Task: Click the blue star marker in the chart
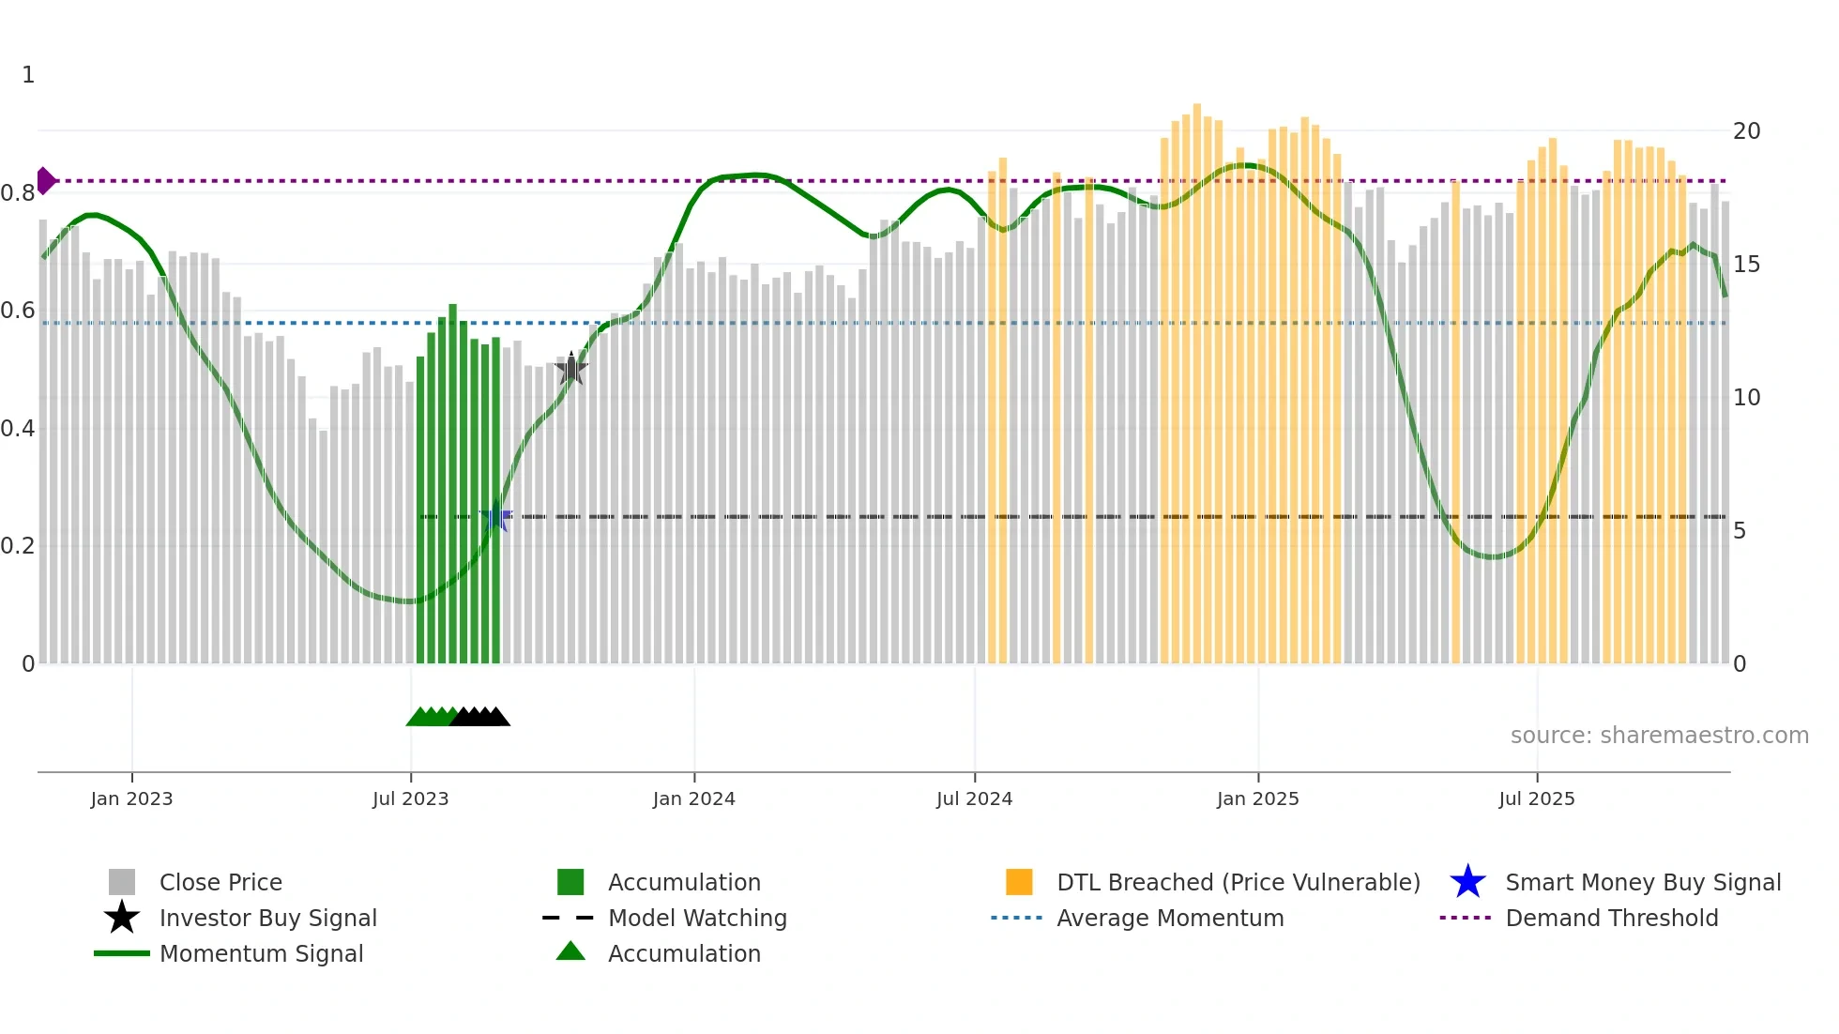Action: (x=496, y=516)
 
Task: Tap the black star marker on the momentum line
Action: (x=570, y=369)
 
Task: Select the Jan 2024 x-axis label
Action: (x=693, y=798)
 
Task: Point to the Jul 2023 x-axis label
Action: (x=410, y=798)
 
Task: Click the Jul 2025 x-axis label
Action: (x=1536, y=798)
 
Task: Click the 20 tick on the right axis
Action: (x=1746, y=131)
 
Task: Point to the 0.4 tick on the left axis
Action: (x=18, y=429)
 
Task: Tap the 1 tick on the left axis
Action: (x=28, y=75)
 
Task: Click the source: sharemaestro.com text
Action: (x=1659, y=735)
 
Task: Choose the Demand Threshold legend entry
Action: (x=1611, y=918)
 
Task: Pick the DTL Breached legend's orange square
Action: (x=1018, y=882)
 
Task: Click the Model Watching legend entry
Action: (x=696, y=918)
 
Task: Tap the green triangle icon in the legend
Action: (x=570, y=951)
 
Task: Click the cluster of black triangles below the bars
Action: (x=480, y=717)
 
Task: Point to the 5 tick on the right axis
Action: (x=1739, y=531)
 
